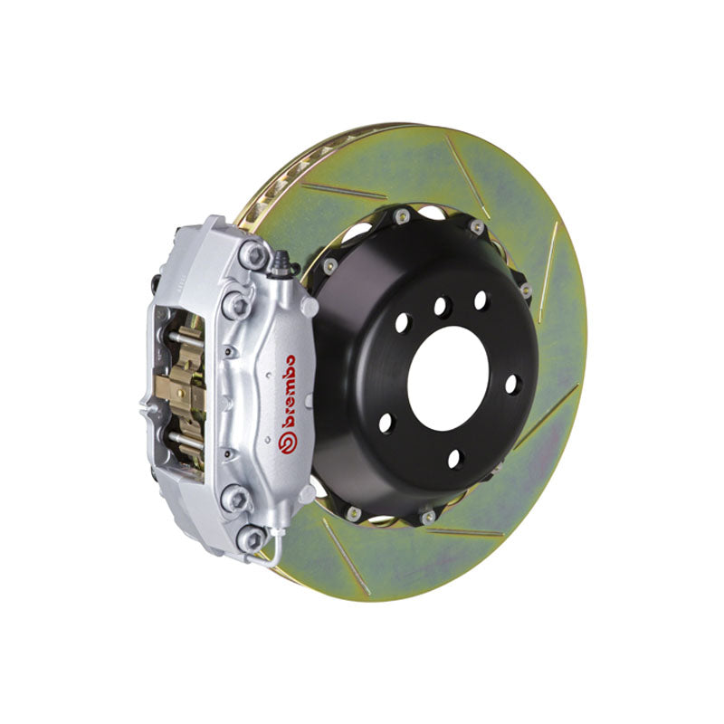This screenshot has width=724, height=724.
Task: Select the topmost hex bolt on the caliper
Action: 255,257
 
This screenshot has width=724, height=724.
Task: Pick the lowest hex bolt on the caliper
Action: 252,539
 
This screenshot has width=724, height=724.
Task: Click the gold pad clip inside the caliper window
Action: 186,385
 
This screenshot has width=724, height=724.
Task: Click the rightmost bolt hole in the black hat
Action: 513,383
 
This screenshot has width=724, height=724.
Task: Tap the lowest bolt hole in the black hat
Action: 454,459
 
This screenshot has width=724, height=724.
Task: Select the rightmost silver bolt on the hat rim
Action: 526,291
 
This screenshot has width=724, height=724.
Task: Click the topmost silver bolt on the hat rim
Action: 399,215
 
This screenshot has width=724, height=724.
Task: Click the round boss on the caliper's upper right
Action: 308,307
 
